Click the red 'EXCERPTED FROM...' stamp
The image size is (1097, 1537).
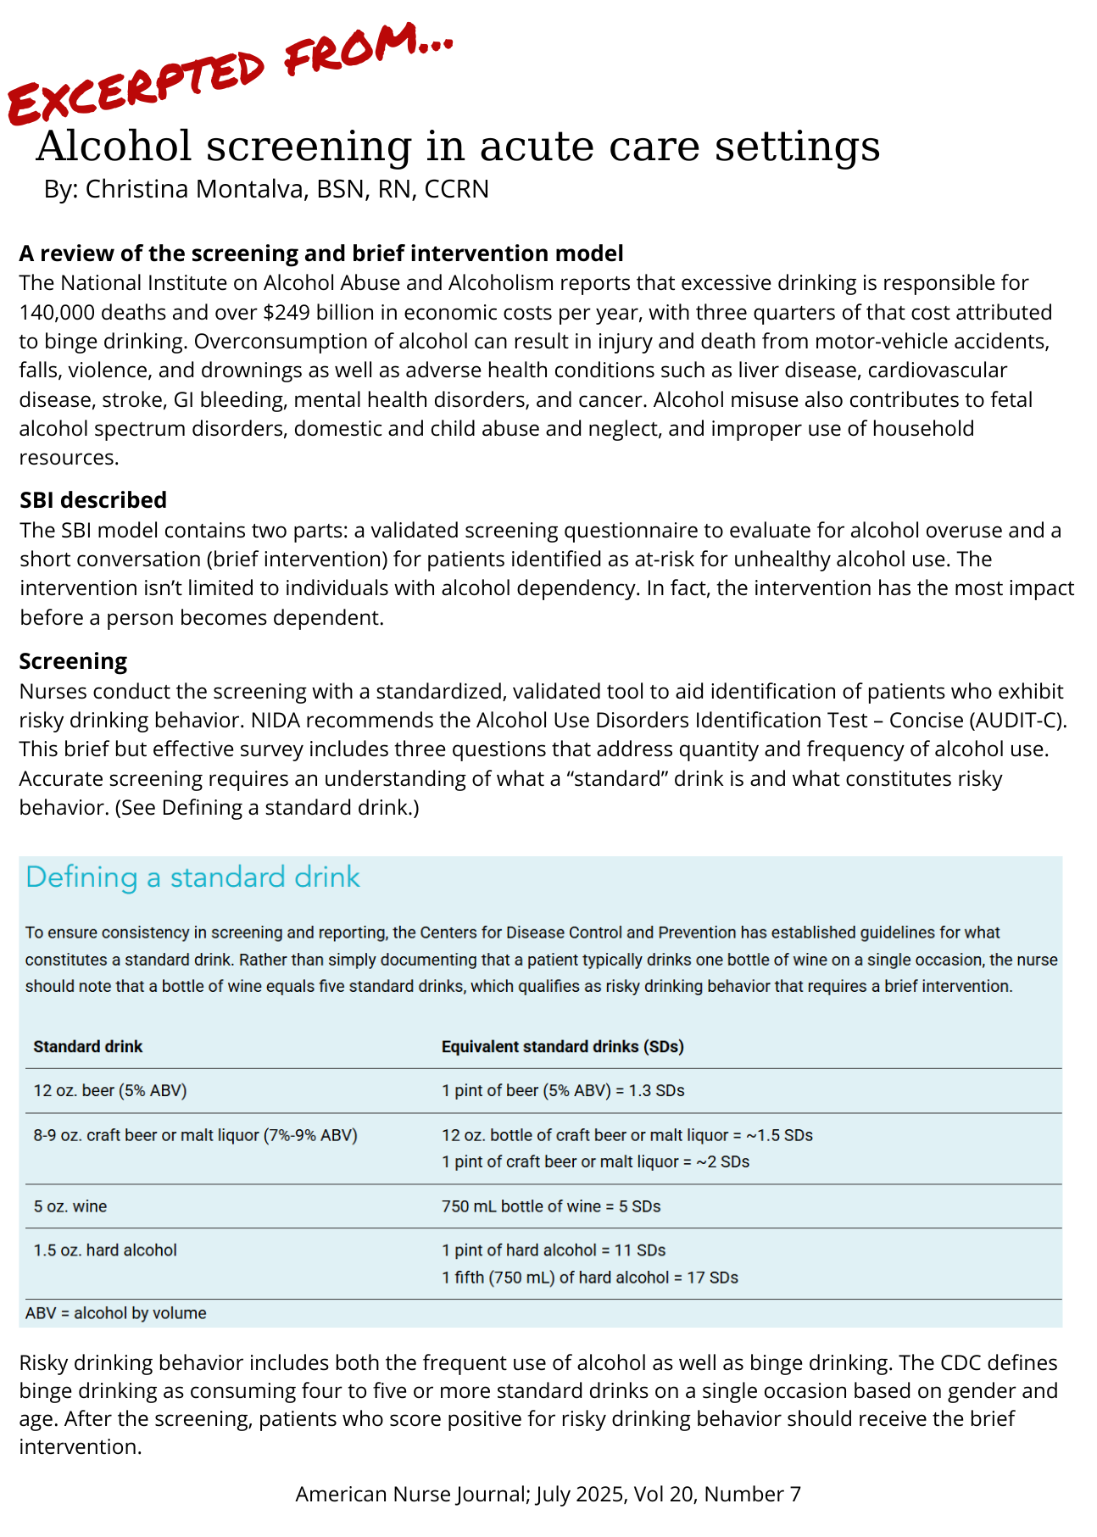point(229,72)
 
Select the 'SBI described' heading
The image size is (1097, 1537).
point(93,500)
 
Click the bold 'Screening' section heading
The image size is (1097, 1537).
point(73,661)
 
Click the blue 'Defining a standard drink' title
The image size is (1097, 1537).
point(192,877)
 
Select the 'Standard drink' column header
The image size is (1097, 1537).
point(88,1047)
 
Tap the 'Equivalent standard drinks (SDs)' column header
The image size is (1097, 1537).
point(562,1047)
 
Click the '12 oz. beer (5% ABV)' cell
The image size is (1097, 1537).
point(110,1091)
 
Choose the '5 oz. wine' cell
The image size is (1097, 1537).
point(70,1206)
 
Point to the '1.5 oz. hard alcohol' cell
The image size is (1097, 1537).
point(105,1250)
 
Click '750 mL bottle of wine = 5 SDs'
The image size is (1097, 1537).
point(551,1206)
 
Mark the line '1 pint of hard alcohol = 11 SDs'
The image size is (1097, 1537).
point(554,1250)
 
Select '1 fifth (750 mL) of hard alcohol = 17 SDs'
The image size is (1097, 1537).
point(589,1278)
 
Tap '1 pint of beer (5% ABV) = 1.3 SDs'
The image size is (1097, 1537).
point(563,1091)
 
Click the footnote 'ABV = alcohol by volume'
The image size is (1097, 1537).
point(116,1314)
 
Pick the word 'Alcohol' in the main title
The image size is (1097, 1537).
point(114,146)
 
